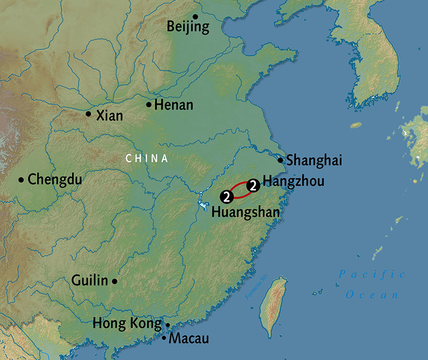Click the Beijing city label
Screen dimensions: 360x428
pos(188,27)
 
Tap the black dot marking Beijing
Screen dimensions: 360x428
pos(196,17)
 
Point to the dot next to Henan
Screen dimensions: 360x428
pos(149,104)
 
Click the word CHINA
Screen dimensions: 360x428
pos(147,158)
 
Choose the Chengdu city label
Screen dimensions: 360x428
pos(55,179)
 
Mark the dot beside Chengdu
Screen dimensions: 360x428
pos(21,180)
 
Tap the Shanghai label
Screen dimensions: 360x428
pos(314,160)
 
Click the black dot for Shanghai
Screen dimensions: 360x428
pos(280,160)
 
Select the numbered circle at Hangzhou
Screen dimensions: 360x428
pos(254,185)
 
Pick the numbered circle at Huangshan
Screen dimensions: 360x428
pos(227,197)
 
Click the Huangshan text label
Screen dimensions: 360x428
pos(246,212)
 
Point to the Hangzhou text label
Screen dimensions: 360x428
pos(294,182)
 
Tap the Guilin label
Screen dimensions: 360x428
pos(89,280)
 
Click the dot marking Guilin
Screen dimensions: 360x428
pos(114,281)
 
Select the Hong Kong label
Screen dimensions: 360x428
pos(127,324)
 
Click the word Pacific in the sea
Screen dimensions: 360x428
pos(372,274)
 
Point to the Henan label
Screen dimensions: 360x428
pos(173,105)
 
